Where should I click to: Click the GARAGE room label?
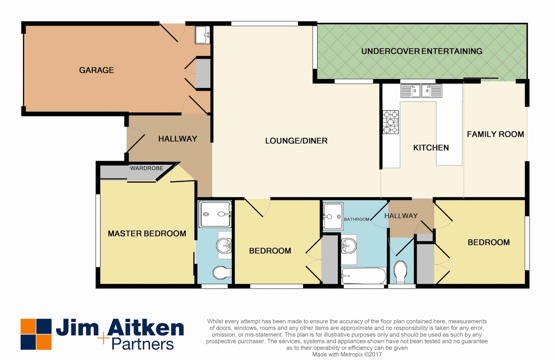point(96,70)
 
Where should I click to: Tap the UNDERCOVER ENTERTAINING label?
point(422,51)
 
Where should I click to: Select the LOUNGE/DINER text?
point(296,141)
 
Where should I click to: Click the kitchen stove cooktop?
point(391,122)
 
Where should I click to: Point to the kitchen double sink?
point(421,91)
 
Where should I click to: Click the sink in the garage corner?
point(202,35)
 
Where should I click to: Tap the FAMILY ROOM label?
point(495,134)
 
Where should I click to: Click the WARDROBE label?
point(146,168)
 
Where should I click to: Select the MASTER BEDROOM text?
point(147,233)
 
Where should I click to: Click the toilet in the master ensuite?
point(222,273)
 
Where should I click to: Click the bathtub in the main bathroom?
point(364,276)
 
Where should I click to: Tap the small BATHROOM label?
point(356,219)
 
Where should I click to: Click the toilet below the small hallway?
point(400,271)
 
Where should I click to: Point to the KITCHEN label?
point(431,148)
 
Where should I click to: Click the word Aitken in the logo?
point(146,328)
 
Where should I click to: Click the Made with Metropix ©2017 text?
point(347,354)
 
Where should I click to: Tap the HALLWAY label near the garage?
point(178,139)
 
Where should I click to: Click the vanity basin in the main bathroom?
point(349,246)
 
